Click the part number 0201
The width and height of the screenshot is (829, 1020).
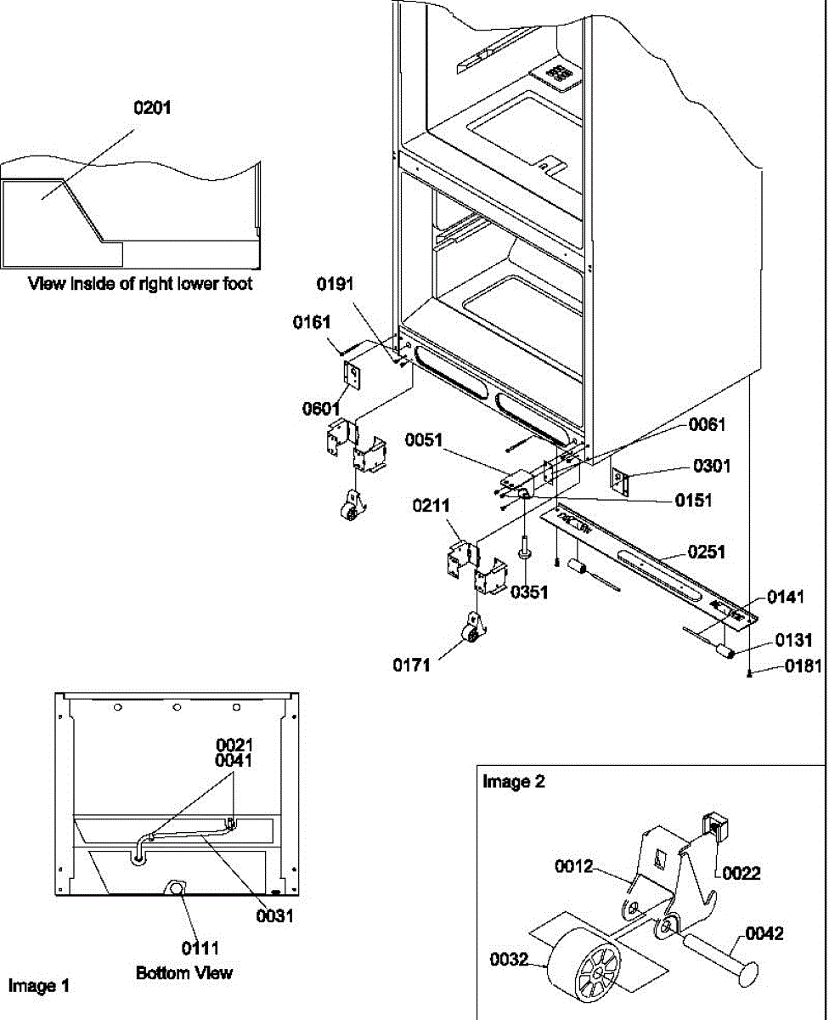tap(152, 108)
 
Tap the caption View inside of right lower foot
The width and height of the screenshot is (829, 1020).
tap(140, 284)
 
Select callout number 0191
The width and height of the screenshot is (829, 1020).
tap(335, 284)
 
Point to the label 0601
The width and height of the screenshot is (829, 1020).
tap(321, 409)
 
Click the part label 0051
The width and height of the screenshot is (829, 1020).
tap(424, 439)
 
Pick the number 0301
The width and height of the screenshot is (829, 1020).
tap(712, 466)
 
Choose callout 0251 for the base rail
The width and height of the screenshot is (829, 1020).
tap(707, 552)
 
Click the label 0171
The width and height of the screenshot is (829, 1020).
tap(411, 665)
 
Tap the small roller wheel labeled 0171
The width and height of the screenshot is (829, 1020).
tap(473, 630)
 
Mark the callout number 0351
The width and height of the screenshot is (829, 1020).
tap(529, 592)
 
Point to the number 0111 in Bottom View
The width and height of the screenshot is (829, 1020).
tap(200, 948)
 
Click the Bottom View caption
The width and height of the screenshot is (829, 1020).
tap(184, 972)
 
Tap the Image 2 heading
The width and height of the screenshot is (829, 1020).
tap(514, 781)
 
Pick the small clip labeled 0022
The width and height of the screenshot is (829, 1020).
tap(713, 826)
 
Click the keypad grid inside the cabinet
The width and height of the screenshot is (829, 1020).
tap(558, 74)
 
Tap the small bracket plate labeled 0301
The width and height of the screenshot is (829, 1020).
tap(620, 481)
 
